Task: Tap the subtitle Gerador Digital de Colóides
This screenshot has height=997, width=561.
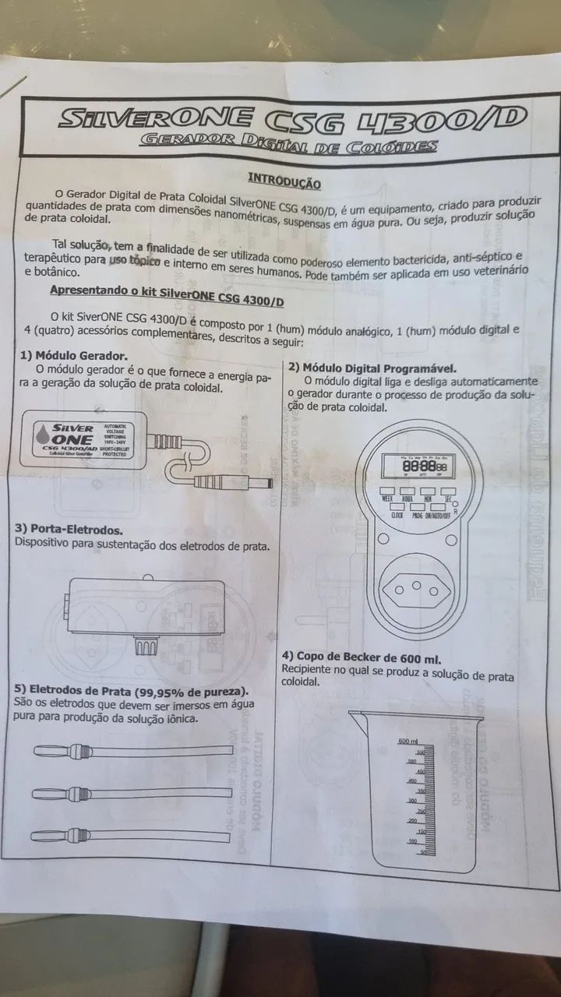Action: tap(287, 145)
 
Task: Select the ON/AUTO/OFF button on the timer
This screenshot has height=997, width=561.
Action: tap(438, 513)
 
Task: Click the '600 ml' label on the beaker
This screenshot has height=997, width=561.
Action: tap(408, 740)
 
